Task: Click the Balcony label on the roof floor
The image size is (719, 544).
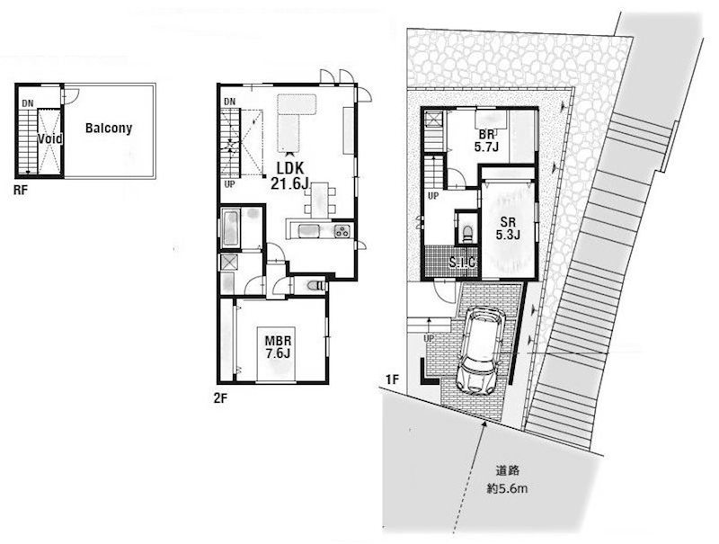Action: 109,129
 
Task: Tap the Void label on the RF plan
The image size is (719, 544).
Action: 49,138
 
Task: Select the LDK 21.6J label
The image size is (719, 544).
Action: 289,176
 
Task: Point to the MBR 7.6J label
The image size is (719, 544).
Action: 278,347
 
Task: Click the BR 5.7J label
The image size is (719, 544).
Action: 486,141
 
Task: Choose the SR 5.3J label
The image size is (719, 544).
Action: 508,228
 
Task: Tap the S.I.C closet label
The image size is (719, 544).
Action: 461,263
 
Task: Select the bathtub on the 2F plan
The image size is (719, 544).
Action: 230,228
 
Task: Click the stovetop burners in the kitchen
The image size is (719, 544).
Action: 342,231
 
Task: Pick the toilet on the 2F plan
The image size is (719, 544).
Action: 316,286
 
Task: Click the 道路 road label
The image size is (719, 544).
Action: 507,470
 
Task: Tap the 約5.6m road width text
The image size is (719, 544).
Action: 507,489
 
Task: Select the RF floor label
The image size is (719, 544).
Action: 20,190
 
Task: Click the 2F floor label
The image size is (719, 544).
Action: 220,398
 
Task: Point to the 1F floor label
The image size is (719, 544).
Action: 393,379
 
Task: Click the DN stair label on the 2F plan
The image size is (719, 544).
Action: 230,102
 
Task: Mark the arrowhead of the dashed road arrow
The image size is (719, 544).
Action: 484,424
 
